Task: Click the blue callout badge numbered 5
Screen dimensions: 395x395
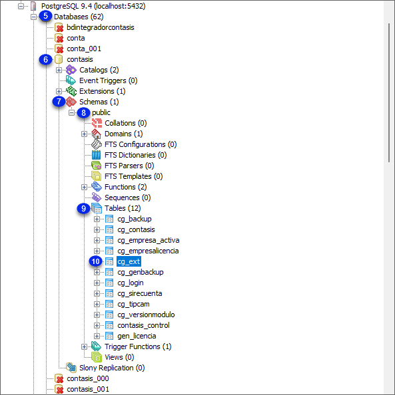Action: [x=46, y=16]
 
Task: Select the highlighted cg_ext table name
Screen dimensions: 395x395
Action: [x=129, y=261]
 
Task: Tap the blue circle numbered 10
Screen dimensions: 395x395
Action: [x=95, y=261]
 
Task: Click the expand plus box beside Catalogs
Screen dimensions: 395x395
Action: [x=59, y=70]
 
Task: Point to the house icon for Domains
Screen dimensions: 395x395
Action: [x=96, y=134]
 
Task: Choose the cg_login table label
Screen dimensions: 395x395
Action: [x=131, y=283]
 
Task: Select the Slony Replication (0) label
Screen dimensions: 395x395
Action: [x=112, y=368]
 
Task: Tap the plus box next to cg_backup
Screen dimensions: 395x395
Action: [x=97, y=219]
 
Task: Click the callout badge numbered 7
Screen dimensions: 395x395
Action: [x=59, y=102]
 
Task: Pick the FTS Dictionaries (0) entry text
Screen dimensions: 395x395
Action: [x=136, y=155]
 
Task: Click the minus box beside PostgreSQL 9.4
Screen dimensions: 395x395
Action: [x=21, y=6]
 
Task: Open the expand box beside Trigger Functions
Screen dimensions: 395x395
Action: [x=84, y=346]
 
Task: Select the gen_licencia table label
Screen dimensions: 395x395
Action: [x=137, y=336]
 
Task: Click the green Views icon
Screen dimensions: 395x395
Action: [x=97, y=357]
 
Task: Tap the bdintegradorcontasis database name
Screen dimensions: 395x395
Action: [x=101, y=27]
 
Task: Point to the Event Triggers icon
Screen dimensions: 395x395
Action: [x=71, y=80]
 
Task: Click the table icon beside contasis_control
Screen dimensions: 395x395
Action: [x=109, y=325]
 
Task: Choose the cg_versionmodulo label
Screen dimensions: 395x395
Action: [x=146, y=315]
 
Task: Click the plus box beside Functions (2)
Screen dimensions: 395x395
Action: [x=84, y=187]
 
